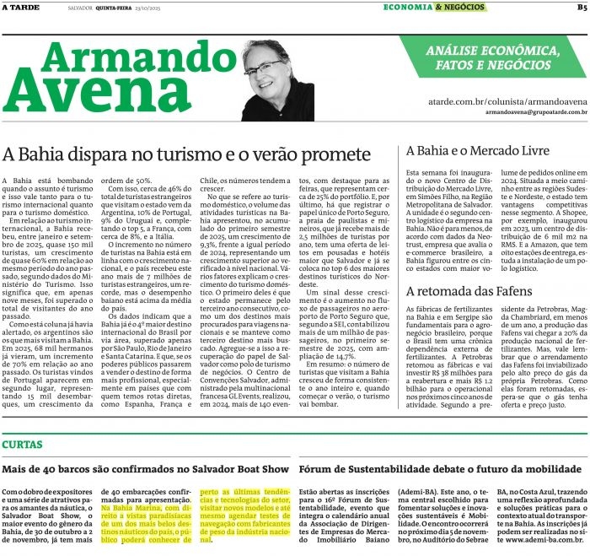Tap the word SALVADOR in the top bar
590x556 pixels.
(x=80, y=8)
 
